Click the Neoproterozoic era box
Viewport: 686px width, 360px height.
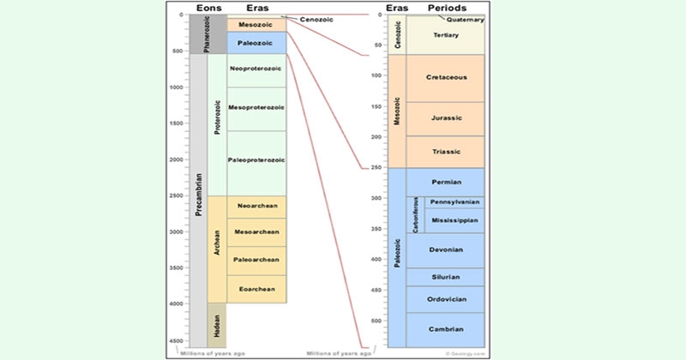coord(256,68)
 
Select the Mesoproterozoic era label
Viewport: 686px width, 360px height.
coord(256,107)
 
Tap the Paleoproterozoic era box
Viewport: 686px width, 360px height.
coord(256,159)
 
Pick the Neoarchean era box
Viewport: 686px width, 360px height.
coord(256,207)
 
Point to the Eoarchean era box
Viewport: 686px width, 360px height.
coord(256,289)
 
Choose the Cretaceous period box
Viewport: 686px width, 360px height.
coord(445,78)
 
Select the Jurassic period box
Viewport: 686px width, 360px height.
coord(445,118)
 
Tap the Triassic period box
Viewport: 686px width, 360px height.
coord(445,152)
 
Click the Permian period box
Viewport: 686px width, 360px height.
coord(445,182)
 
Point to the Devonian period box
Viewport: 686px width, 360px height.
coord(445,250)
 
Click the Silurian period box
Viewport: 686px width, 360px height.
coord(445,277)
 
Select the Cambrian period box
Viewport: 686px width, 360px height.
coord(445,329)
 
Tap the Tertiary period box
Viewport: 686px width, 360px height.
coord(445,36)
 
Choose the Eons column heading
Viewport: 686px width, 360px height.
coord(210,8)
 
